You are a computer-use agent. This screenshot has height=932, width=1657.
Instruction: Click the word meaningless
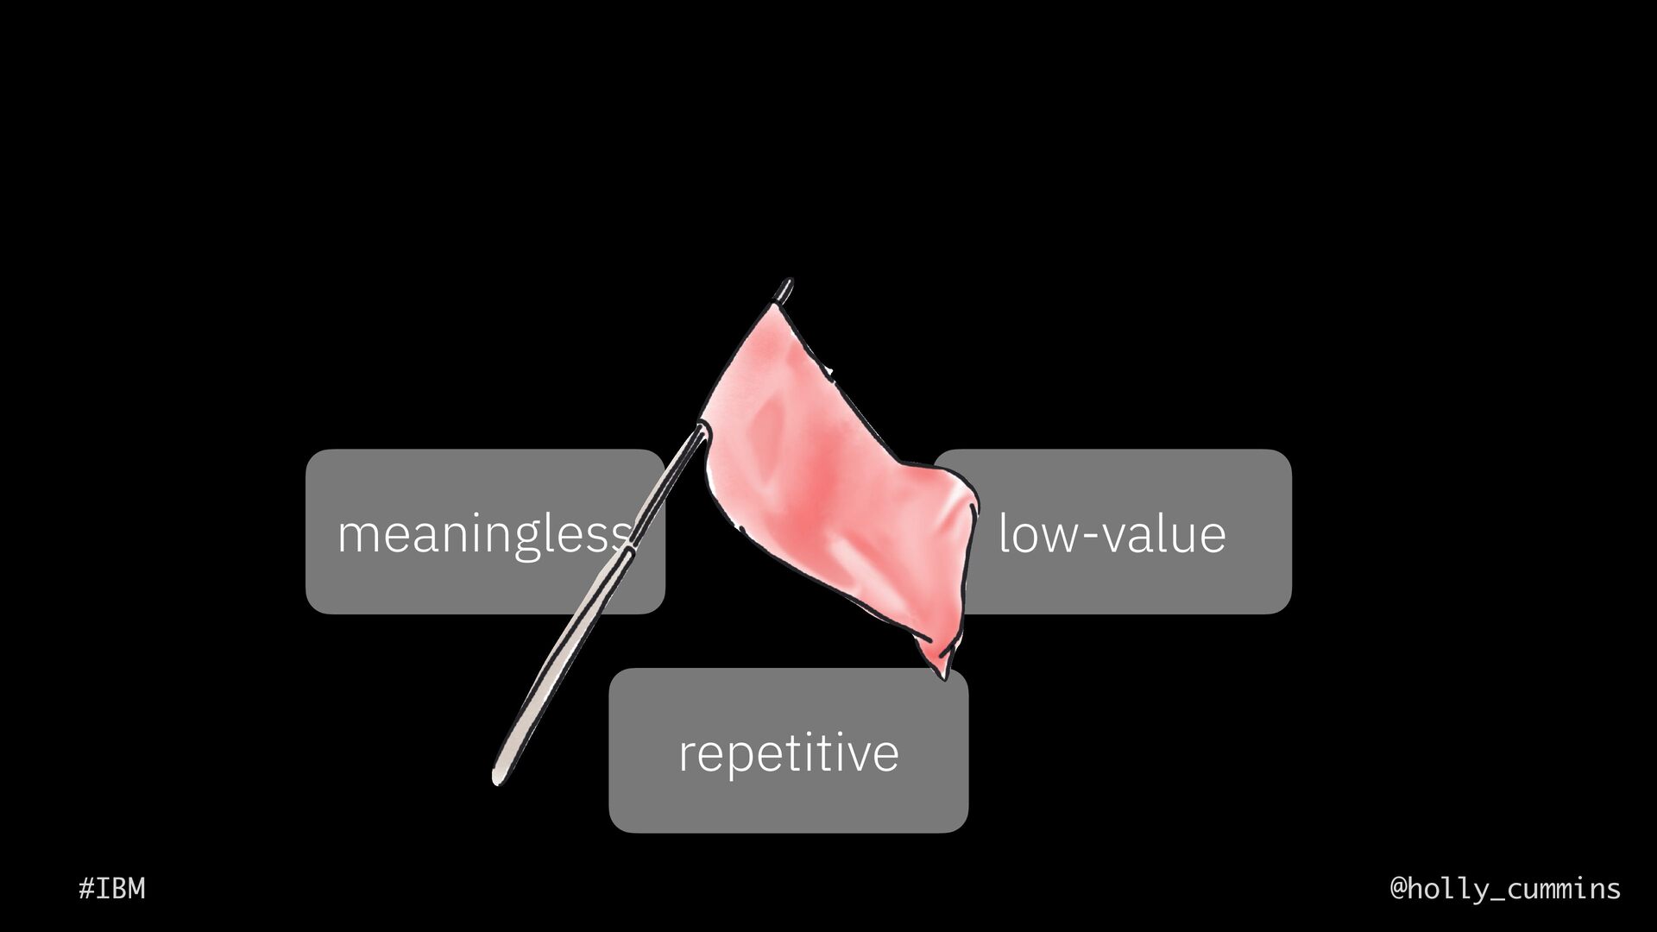(483, 533)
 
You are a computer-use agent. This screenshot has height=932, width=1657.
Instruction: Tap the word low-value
(1112, 533)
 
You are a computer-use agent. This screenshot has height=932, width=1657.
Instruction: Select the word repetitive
(788, 753)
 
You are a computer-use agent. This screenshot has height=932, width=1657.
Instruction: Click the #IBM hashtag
(112, 888)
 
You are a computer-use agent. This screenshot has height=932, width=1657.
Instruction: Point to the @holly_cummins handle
(1505, 888)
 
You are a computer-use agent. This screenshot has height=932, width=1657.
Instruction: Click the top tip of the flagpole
(786, 283)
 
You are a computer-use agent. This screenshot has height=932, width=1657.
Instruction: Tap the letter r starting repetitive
(687, 754)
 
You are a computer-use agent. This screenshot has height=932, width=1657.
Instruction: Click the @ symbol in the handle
(1400, 888)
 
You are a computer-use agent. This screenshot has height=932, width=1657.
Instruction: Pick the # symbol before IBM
(85, 888)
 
